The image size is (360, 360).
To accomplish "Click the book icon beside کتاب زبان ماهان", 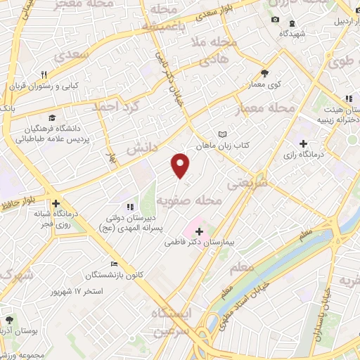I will (x=223, y=134).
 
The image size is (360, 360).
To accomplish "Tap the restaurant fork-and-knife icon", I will (x=44, y=74).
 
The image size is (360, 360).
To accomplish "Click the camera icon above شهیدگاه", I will (x=276, y=19).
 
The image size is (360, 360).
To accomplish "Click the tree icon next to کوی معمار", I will (x=264, y=72).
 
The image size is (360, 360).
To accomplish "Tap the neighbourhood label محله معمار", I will (x=271, y=108).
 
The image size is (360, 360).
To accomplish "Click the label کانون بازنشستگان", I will (x=117, y=274).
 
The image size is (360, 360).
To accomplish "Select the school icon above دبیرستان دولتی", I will (x=129, y=206).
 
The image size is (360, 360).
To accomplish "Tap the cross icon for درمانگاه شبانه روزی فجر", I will (x=55, y=203).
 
